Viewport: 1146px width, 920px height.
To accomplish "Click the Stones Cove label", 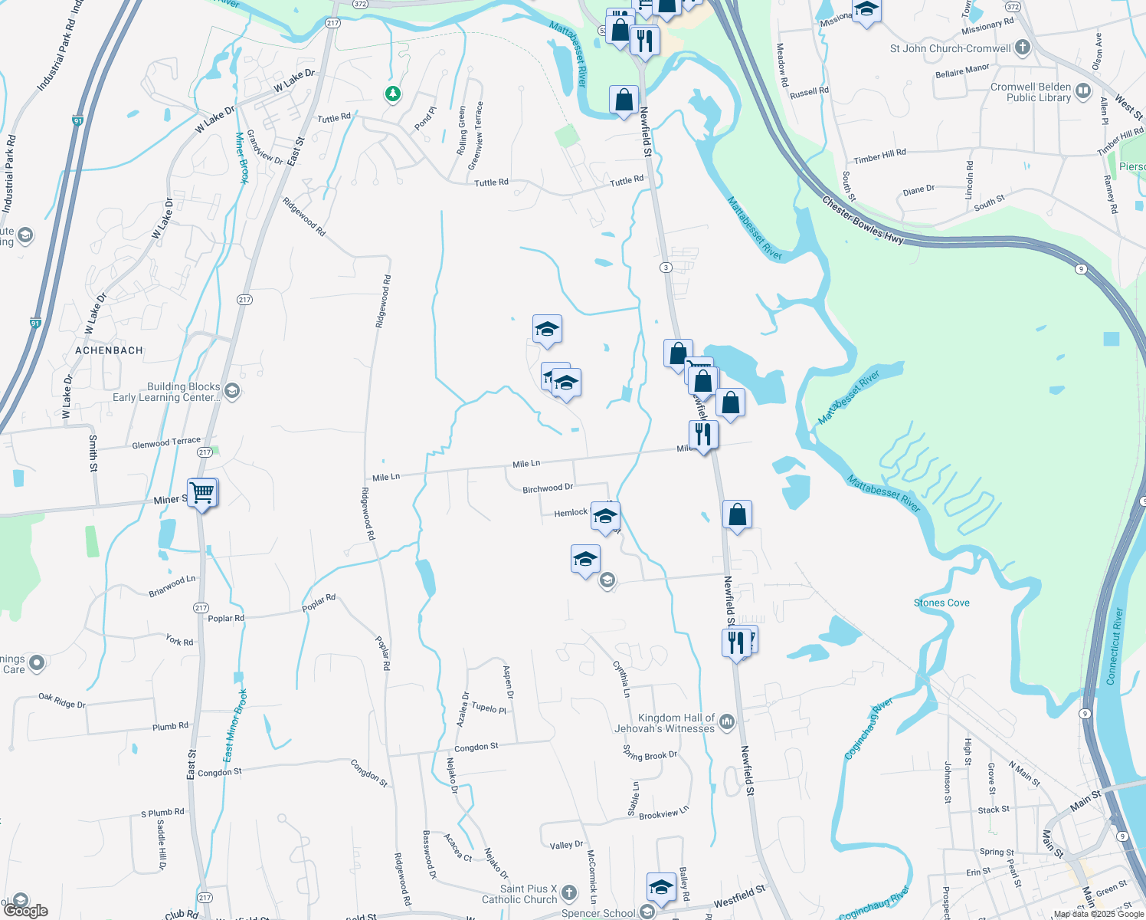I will click(x=941, y=603).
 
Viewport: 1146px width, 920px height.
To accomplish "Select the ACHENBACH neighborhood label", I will click(x=110, y=350).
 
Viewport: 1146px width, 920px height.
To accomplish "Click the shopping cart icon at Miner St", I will click(x=202, y=491).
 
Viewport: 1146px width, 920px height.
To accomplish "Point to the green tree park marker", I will click(x=393, y=94).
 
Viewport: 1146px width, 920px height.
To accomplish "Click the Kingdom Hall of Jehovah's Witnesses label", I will click(x=665, y=723).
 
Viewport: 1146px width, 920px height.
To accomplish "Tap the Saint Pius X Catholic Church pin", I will click(x=569, y=892).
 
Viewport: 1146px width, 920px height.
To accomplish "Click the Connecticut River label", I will click(x=1115, y=646).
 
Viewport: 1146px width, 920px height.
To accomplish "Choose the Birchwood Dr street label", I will click(x=548, y=488).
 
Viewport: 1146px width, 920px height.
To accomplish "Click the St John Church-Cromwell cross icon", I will click(x=1022, y=48).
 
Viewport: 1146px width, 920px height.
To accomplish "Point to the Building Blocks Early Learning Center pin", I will click(x=232, y=391).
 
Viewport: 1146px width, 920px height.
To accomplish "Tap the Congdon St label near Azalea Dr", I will click(x=476, y=747).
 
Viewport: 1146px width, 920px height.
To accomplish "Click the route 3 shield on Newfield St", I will click(x=666, y=268).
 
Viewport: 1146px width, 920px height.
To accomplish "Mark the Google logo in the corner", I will click(x=25, y=910).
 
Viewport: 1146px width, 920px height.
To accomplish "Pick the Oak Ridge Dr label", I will click(x=62, y=700).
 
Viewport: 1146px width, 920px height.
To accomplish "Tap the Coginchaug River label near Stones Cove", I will click(x=869, y=728).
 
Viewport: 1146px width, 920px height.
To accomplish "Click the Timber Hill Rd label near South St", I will click(x=879, y=157).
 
